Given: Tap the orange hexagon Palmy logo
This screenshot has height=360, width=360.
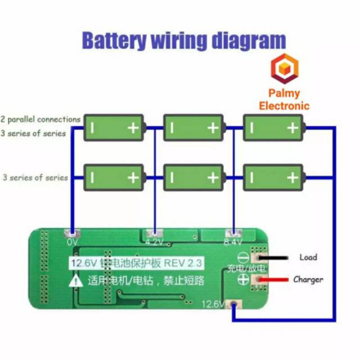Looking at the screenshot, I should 284,69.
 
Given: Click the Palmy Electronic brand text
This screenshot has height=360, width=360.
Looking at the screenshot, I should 284,99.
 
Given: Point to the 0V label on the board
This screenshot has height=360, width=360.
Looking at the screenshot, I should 72,242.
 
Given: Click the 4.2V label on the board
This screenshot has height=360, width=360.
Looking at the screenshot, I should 154,242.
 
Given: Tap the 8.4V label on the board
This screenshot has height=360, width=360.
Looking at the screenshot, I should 232,242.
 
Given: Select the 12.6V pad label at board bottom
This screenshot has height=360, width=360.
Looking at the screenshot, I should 213,305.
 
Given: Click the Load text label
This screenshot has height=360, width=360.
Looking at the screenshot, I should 308,258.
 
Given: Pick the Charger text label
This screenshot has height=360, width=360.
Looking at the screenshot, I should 308,280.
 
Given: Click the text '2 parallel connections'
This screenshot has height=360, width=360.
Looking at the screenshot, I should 41,119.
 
